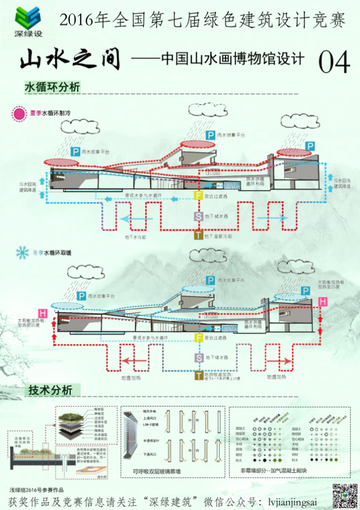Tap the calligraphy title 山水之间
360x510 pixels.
coord(70,60)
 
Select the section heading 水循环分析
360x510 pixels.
coord(52,87)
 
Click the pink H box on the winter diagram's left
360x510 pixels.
coord(42,313)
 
